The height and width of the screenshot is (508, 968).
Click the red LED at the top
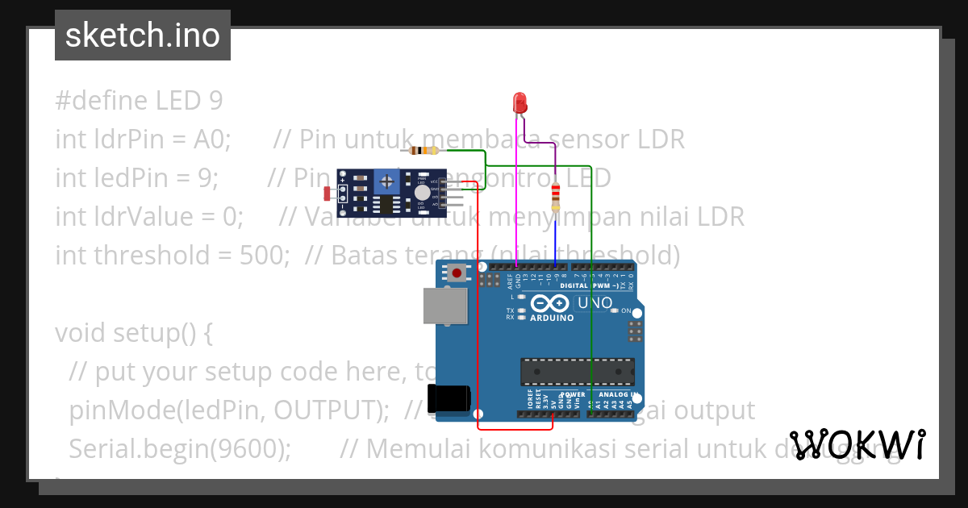(520, 102)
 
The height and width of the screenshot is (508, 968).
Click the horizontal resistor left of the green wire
(423, 150)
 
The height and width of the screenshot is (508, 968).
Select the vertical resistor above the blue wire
(555, 194)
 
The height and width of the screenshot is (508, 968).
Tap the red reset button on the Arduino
(457, 273)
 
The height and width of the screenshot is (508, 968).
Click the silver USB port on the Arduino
(444, 307)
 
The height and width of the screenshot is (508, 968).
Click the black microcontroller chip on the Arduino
(577, 372)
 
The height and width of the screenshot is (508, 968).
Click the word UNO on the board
(595, 303)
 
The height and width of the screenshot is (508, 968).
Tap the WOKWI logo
(857, 444)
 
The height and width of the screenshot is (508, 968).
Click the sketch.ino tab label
(143, 35)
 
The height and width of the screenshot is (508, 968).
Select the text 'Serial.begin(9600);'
(180, 448)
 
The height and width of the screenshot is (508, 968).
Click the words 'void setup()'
(134, 332)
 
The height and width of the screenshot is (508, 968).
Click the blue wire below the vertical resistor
(555, 238)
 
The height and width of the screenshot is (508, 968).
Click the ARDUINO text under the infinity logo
(552, 318)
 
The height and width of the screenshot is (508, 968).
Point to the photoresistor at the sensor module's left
(328, 194)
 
